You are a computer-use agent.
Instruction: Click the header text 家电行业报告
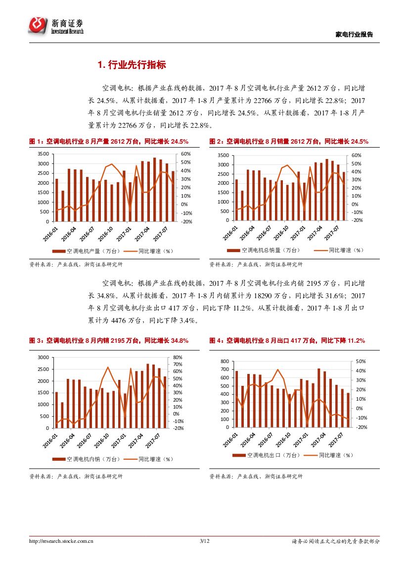pyautogui.click(x=354, y=34)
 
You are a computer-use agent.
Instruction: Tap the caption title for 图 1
pyautogui.click(x=109, y=142)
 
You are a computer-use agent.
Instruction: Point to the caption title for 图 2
pyautogui.click(x=289, y=142)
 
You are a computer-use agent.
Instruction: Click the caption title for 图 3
pyautogui.click(x=109, y=341)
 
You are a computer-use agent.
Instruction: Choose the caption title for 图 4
pyautogui.click(x=287, y=341)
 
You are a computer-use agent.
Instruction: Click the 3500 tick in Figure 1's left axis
pyautogui.click(x=43, y=155)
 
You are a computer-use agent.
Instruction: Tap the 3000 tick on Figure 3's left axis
pyautogui.click(x=43, y=357)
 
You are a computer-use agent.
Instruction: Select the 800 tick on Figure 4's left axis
pyautogui.click(x=225, y=362)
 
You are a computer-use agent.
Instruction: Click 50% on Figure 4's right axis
pyautogui.click(x=361, y=362)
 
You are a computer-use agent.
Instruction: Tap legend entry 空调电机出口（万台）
pyautogui.click(x=267, y=455)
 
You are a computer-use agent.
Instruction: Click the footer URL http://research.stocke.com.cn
pyautogui.click(x=61, y=541)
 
